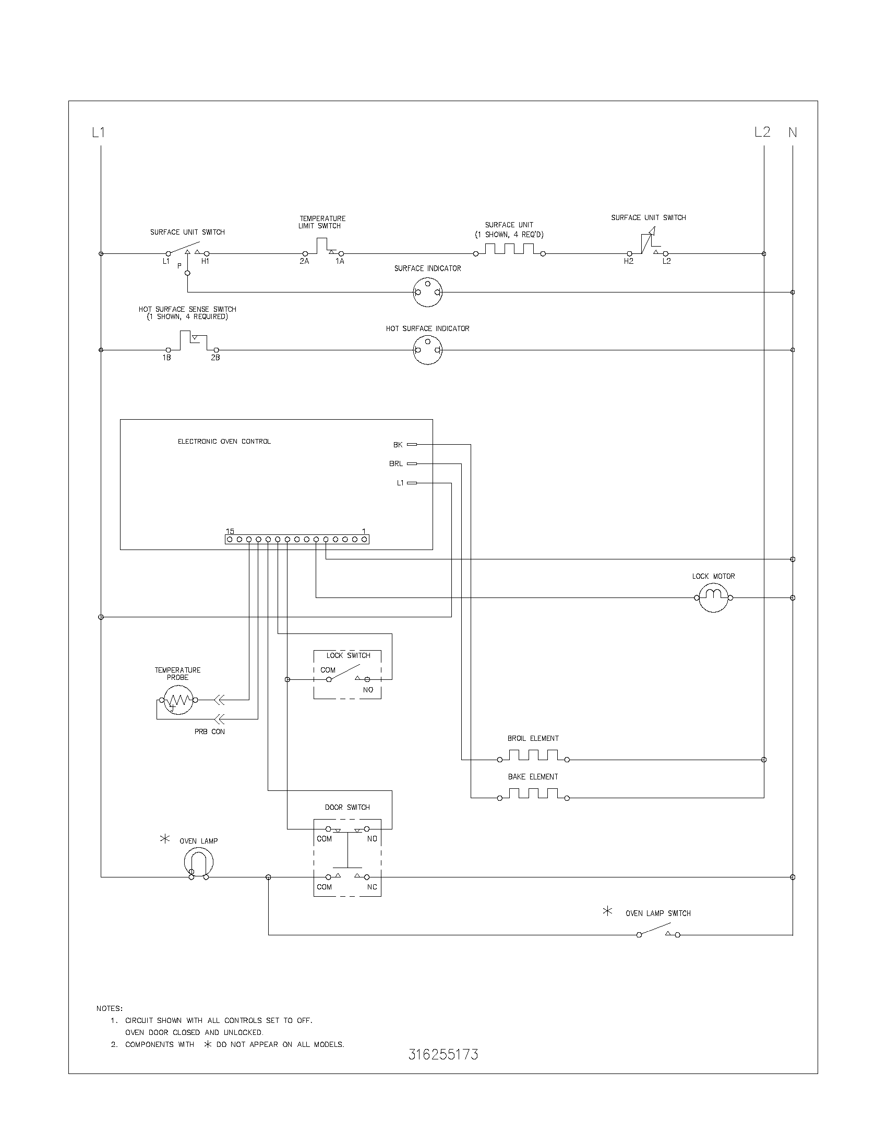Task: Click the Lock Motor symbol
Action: coord(713,597)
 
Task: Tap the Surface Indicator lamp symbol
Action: coord(427,292)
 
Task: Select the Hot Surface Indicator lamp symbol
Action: coord(427,350)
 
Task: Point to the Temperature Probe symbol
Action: coord(178,700)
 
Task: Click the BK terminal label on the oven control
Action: coord(398,445)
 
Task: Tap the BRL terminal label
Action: coord(395,463)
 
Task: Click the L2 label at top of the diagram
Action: coord(762,132)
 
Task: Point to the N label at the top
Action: coord(793,133)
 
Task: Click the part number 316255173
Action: coord(443,1055)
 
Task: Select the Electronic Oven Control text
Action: coord(224,442)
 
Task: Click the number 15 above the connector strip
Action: coord(230,531)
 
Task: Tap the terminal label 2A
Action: coord(304,261)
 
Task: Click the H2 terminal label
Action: coord(629,261)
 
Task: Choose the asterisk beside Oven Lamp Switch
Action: coord(607,911)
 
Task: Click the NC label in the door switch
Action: coord(372,887)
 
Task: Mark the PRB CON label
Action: coord(209,731)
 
